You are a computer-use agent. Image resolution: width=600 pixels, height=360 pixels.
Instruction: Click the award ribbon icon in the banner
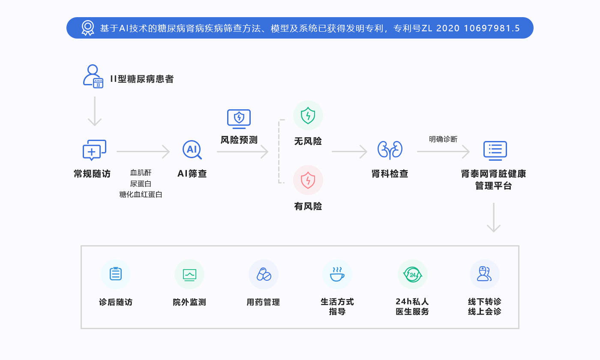coord(88,28)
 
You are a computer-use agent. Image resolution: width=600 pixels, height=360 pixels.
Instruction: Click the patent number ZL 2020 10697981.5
coord(471,28)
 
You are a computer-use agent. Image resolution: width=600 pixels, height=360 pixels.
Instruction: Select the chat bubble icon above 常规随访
coord(94,150)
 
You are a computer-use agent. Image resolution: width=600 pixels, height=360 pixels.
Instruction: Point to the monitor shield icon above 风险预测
coord(239,119)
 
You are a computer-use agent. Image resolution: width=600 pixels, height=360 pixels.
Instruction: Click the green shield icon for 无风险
coord(308,116)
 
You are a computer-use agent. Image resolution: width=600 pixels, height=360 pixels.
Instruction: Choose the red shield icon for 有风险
coord(308,180)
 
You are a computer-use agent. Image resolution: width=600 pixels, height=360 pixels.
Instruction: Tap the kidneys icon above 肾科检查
coord(390,150)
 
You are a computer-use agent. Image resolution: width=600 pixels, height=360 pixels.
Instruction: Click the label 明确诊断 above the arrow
coord(443,139)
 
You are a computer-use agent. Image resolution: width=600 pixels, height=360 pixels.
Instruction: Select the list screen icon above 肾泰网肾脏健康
coord(495,150)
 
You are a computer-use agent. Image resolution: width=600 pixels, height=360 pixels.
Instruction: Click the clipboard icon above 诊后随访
coord(116,274)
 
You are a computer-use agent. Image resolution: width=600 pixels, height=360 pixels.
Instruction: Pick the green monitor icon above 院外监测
coord(189,274)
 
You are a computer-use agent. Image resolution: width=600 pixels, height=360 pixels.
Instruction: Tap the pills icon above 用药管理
coord(264,274)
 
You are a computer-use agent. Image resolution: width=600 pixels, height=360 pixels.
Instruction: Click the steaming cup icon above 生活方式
coord(337,274)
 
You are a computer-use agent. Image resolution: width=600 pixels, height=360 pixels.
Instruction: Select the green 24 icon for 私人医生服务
coord(412,274)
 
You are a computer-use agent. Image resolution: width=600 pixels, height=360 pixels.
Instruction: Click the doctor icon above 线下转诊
coord(484,274)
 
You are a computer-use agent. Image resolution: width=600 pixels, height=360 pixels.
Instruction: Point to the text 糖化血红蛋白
coord(141,195)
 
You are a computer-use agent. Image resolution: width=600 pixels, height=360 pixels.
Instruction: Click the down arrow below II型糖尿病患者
coord(94,111)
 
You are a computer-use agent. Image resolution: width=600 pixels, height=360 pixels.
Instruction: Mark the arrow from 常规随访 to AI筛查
coord(143,151)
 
